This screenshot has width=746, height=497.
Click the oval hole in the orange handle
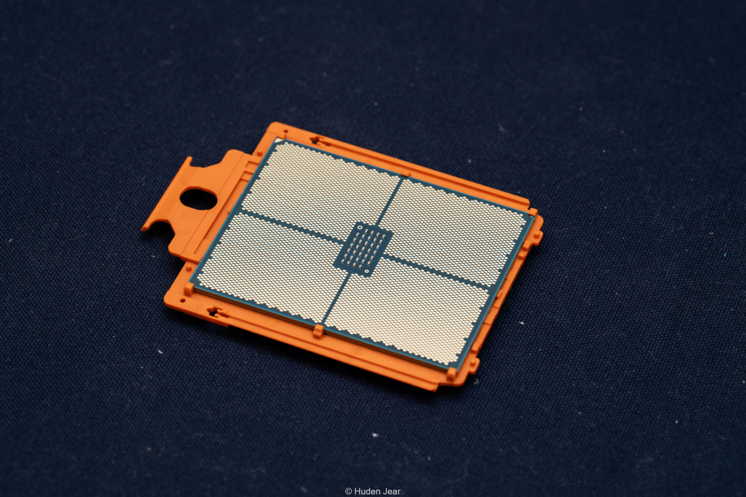pos(199,199)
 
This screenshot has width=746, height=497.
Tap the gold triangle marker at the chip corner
pos(279,141)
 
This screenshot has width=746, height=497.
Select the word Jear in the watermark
pos(391,491)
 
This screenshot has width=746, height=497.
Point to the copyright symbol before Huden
pos(349,491)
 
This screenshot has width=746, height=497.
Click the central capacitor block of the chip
pos(364,249)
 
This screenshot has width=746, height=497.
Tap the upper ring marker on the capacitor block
pos(360,228)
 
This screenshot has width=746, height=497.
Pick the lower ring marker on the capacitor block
pos(367,272)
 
